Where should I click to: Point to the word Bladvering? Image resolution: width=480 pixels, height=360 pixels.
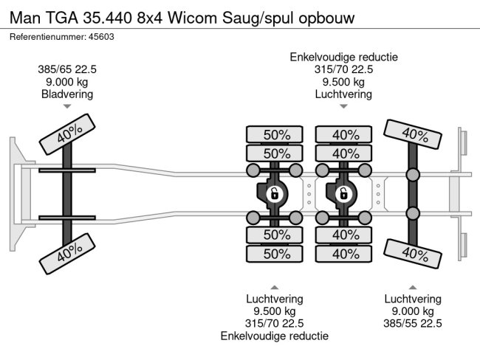click(67, 94)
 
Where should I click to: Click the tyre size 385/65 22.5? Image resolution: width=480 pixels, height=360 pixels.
click(67, 69)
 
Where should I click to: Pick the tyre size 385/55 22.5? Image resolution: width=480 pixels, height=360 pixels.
click(413, 323)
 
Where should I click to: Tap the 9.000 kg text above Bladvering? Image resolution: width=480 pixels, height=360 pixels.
click(67, 82)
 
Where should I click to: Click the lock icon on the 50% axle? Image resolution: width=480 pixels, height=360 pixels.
click(273, 194)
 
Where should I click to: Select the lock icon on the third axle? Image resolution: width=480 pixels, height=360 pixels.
click(343, 194)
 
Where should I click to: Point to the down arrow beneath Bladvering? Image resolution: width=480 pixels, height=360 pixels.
click(67, 107)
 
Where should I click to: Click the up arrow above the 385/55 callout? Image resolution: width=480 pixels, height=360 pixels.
click(413, 287)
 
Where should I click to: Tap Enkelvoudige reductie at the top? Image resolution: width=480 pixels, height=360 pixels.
click(343, 57)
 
